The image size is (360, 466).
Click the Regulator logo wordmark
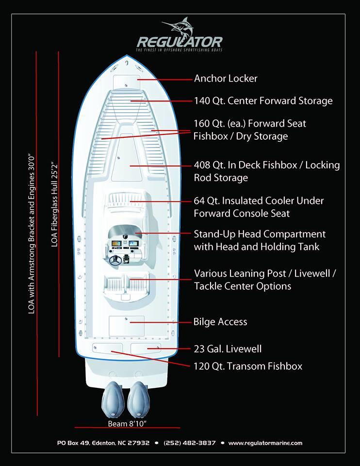(x=180, y=42)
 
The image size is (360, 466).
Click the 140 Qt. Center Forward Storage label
(x=263, y=101)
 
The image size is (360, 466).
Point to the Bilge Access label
(x=220, y=322)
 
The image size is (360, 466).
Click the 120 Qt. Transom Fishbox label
(x=247, y=366)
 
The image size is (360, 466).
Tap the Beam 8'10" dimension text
(x=127, y=424)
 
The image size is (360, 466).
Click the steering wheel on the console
(x=116, y=261)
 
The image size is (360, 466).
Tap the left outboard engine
(x=113, y=398)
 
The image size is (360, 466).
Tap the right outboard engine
(x=139, y=398)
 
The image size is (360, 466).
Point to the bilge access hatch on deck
(x=126, y=325)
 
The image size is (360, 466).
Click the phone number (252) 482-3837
(x=190, y=443)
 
